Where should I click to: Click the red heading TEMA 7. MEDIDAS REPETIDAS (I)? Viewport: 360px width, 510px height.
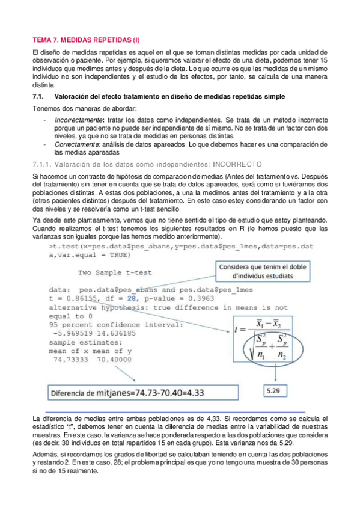[x=85, y=40]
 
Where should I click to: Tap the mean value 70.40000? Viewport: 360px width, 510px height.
[x=117, y=358]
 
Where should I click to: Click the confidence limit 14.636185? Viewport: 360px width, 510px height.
[x=115, y=333]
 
